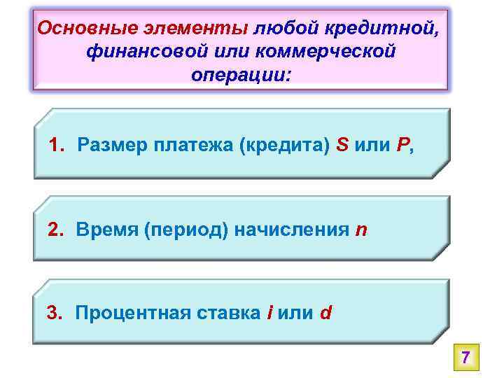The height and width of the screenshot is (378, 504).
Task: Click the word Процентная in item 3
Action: [129, 312]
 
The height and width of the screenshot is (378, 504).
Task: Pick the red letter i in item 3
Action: [270, 312]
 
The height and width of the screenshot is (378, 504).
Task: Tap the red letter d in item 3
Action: [325, 312]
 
